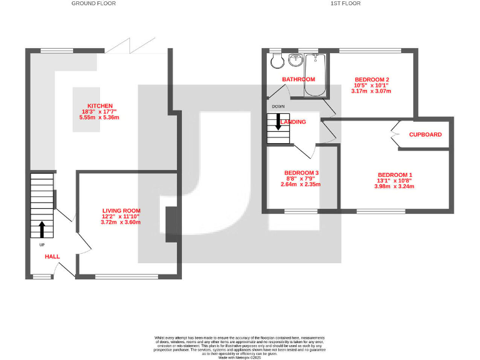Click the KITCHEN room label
100,106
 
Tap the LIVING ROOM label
121,211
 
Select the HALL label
52,256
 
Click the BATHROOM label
298,79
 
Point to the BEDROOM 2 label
372,79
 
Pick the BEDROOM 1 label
394,175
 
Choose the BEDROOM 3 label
301,173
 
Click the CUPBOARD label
425,134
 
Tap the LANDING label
294,122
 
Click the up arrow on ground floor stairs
42,229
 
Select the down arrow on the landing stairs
278,123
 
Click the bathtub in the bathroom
316,77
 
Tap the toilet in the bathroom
276,61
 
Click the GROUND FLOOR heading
93,4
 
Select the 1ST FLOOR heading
346,4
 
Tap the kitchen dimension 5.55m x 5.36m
99,117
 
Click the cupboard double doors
396,134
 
